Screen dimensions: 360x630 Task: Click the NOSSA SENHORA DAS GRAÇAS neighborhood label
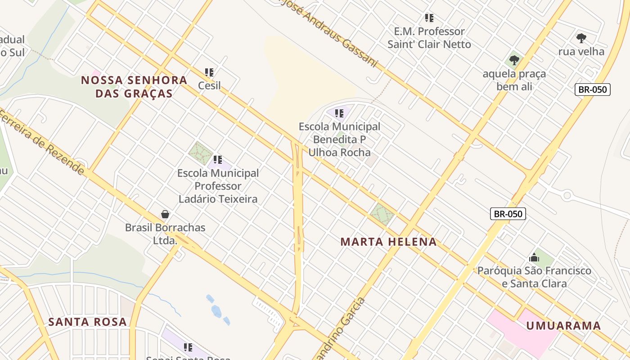pos(134,87)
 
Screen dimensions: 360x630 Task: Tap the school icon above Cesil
pos(209,72)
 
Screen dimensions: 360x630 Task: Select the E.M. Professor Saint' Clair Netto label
pos(429,38)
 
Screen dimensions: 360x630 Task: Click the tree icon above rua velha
pos(581,38)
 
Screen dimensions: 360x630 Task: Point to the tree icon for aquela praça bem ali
pos(514,60)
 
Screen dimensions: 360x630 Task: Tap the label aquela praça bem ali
pos(514,80)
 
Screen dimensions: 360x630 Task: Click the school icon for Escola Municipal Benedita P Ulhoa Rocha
pos(340,113)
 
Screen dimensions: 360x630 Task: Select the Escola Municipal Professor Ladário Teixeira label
pos(218,186)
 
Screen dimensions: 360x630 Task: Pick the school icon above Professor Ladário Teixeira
pos(218,159)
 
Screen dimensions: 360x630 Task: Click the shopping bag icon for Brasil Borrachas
pos(165,214)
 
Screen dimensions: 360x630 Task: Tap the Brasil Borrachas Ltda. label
pos(165,234)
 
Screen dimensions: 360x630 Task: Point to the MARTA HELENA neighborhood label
pos(388,242)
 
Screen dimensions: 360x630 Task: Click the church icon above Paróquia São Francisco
pos(534,257)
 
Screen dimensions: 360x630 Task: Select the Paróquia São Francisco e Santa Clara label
pos(534,277)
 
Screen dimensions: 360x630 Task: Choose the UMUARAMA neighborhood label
pos(563,326)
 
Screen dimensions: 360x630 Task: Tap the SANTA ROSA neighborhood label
pos(87,322)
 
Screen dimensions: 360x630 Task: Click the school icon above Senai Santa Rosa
pos(188,347)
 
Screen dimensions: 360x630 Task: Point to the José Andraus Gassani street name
pos(333,32)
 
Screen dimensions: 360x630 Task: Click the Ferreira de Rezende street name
pos(43,142)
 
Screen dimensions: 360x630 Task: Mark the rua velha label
pos(581,51)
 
